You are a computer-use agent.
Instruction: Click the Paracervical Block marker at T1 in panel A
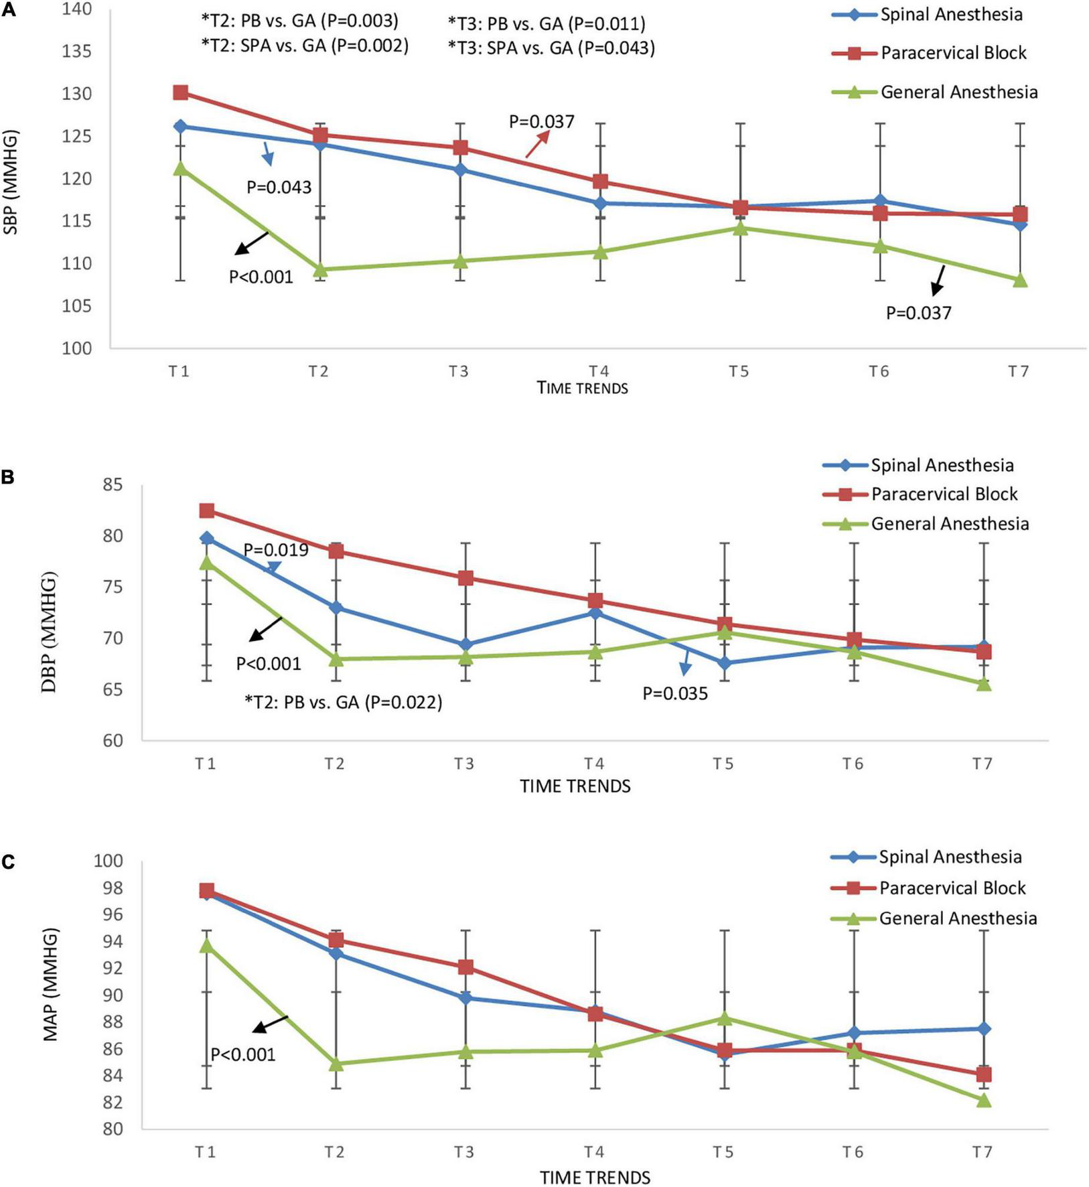(180, 92)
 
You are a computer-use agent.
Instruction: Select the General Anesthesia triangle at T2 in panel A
(320, 269)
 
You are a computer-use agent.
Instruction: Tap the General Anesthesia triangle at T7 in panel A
(1020, 280)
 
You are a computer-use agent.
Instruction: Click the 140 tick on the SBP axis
(78, 9)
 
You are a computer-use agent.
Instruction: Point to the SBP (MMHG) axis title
(11, 182)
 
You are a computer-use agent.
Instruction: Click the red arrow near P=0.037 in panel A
(537, 144)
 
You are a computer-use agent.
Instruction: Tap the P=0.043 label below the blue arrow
(279, 187)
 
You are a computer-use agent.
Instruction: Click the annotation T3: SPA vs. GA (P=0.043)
(551, 48)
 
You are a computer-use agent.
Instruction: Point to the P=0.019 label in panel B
(276, 551)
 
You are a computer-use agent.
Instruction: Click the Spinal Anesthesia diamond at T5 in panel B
(724, 663)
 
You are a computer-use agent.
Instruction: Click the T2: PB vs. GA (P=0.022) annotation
(344, 703)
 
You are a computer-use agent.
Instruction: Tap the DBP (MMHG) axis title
(50, 631)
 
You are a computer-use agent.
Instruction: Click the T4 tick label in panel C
(593, 1152)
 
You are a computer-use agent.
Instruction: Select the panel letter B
(9, 478)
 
